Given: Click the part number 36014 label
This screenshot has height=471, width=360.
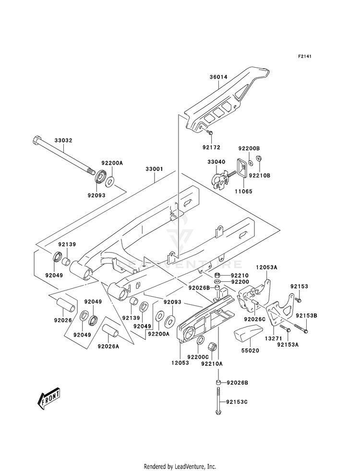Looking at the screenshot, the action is (x=218, y=77).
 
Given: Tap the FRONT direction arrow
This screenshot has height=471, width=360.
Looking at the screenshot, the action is (x=48, y=399).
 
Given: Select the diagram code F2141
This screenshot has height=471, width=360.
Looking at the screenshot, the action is (x=304, y=56).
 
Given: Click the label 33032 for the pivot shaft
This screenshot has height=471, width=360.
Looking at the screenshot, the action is (x=63, y=141).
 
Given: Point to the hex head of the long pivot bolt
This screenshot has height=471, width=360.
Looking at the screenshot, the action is (x=36, y=140).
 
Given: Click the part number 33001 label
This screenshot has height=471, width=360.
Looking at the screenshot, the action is (x=155, y=169).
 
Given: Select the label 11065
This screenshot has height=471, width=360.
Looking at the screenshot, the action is (x=243, y=192).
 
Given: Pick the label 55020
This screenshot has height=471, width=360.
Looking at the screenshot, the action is (x=251, y=350).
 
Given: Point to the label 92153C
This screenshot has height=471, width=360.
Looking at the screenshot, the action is (x=237, y=402).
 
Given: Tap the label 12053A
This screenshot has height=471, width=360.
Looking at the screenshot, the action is (x=266, y=267).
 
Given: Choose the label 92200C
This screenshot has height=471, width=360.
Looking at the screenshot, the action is (x=198, y=357).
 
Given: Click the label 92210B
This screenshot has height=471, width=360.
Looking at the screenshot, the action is (x=260, y=175).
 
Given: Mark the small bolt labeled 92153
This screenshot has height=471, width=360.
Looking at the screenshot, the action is (x=298, y=300).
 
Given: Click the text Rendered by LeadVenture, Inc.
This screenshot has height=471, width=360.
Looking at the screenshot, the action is (x=180, y=467).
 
